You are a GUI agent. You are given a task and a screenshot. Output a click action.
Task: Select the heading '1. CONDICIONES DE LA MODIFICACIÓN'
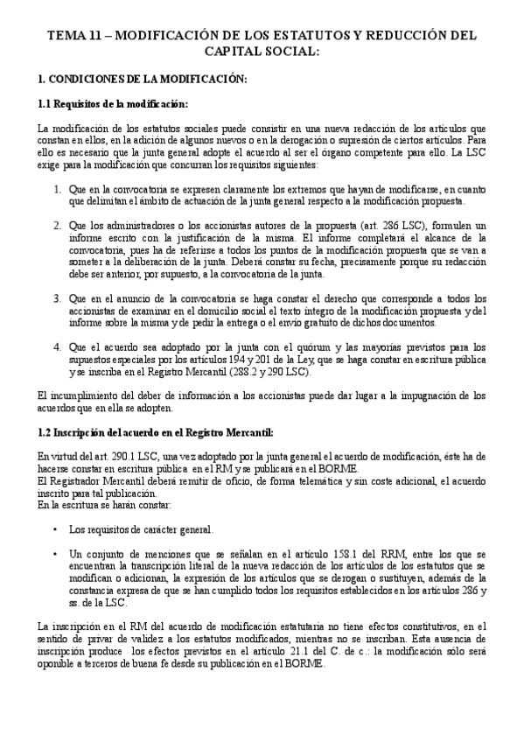tap(143, 80)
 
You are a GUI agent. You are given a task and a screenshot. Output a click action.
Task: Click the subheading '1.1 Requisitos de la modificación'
tap(113, 104)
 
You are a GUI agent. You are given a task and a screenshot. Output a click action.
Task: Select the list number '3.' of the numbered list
tap(57, 298)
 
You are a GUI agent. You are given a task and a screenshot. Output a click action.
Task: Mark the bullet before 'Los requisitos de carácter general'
tap(56, 529)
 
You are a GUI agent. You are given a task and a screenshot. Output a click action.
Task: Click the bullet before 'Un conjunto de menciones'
tap(56, 554)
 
